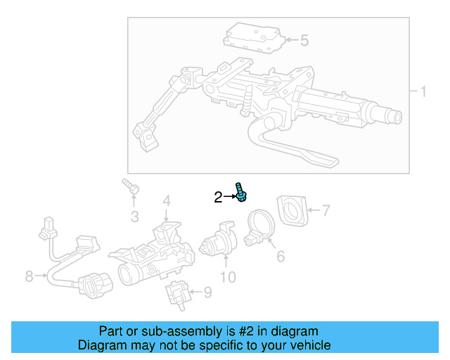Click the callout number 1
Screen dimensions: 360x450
click(423, 91)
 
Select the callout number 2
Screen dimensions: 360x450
click(218, 198)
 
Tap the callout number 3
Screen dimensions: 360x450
click(135, 215)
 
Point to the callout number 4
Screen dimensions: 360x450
click(167, 202)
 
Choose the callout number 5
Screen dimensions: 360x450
click(304, 40)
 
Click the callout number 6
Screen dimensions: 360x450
click(280, 257)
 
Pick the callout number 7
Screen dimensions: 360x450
click(325, 210)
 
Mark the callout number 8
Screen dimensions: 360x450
click(29, 276)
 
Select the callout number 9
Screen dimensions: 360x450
click(207, 292)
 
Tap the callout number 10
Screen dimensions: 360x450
click(228, 277)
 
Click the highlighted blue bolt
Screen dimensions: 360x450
click(241, 192)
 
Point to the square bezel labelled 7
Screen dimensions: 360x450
click(292, 210)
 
